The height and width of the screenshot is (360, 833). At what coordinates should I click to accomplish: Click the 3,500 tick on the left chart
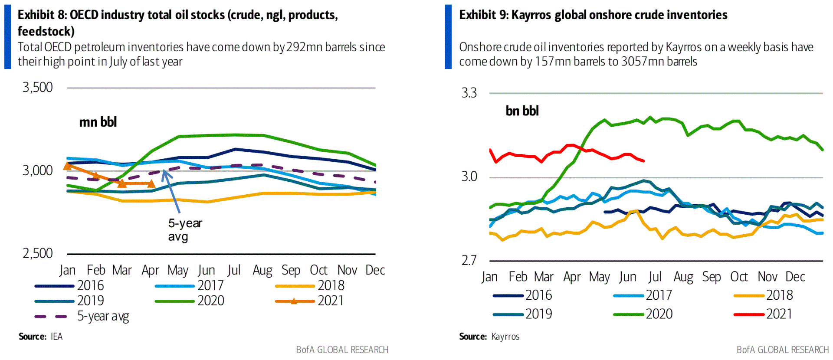tap(38, 87)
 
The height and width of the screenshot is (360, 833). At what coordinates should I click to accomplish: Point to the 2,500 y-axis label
tap(38, 253)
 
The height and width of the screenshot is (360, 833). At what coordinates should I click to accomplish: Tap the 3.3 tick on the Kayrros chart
tap(469, 93)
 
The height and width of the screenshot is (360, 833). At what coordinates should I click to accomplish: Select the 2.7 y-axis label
tap(469, 260)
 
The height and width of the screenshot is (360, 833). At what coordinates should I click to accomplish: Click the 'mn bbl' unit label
tap(98, 122)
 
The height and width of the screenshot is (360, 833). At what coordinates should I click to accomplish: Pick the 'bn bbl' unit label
tap(522, 111)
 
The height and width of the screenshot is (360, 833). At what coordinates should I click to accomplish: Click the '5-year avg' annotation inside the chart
tap(185, 229)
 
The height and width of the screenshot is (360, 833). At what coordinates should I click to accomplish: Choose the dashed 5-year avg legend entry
tap(82, 316)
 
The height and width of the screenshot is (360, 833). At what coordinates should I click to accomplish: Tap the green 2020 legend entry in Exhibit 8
tap(190, 301)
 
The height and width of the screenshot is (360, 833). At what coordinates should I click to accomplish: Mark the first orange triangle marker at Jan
tap(67, 166)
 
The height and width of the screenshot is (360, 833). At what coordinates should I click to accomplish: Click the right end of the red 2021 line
tap(644, 161)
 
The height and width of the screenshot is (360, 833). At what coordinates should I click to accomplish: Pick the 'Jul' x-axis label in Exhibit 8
tap(234, 270)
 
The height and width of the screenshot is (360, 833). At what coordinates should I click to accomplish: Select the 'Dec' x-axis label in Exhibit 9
tap(795, 277)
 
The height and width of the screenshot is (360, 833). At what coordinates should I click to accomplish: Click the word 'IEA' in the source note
tap(56, 337)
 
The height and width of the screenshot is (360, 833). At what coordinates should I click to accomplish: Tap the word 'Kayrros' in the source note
tap(505, 337)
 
